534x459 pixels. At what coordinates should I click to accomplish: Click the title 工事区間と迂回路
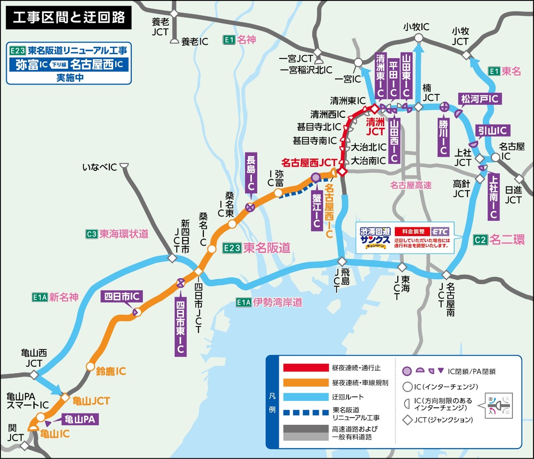69,17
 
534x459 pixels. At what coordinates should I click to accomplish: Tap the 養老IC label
194,41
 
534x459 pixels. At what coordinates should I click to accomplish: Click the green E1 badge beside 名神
229,40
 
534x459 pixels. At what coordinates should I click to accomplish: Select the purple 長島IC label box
251,173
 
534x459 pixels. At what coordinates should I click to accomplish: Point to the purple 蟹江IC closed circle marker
316,177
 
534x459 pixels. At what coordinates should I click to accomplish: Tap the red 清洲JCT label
375,127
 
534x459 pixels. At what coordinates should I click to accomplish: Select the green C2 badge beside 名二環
480,240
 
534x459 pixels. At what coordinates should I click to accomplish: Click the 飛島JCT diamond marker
342,261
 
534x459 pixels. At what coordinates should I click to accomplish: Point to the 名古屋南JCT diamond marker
446,275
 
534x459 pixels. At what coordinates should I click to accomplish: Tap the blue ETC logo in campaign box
440,232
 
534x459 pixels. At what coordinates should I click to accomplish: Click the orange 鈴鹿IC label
111,371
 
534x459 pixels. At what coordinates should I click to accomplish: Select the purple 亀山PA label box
80,419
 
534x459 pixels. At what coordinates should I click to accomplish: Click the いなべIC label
100,167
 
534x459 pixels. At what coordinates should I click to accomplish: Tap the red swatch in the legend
305,368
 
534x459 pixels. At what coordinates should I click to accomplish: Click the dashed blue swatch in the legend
305,413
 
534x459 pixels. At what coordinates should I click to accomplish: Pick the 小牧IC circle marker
418,38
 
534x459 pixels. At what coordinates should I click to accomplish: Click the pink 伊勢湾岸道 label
278,302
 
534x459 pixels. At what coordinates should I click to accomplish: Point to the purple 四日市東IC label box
181,327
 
